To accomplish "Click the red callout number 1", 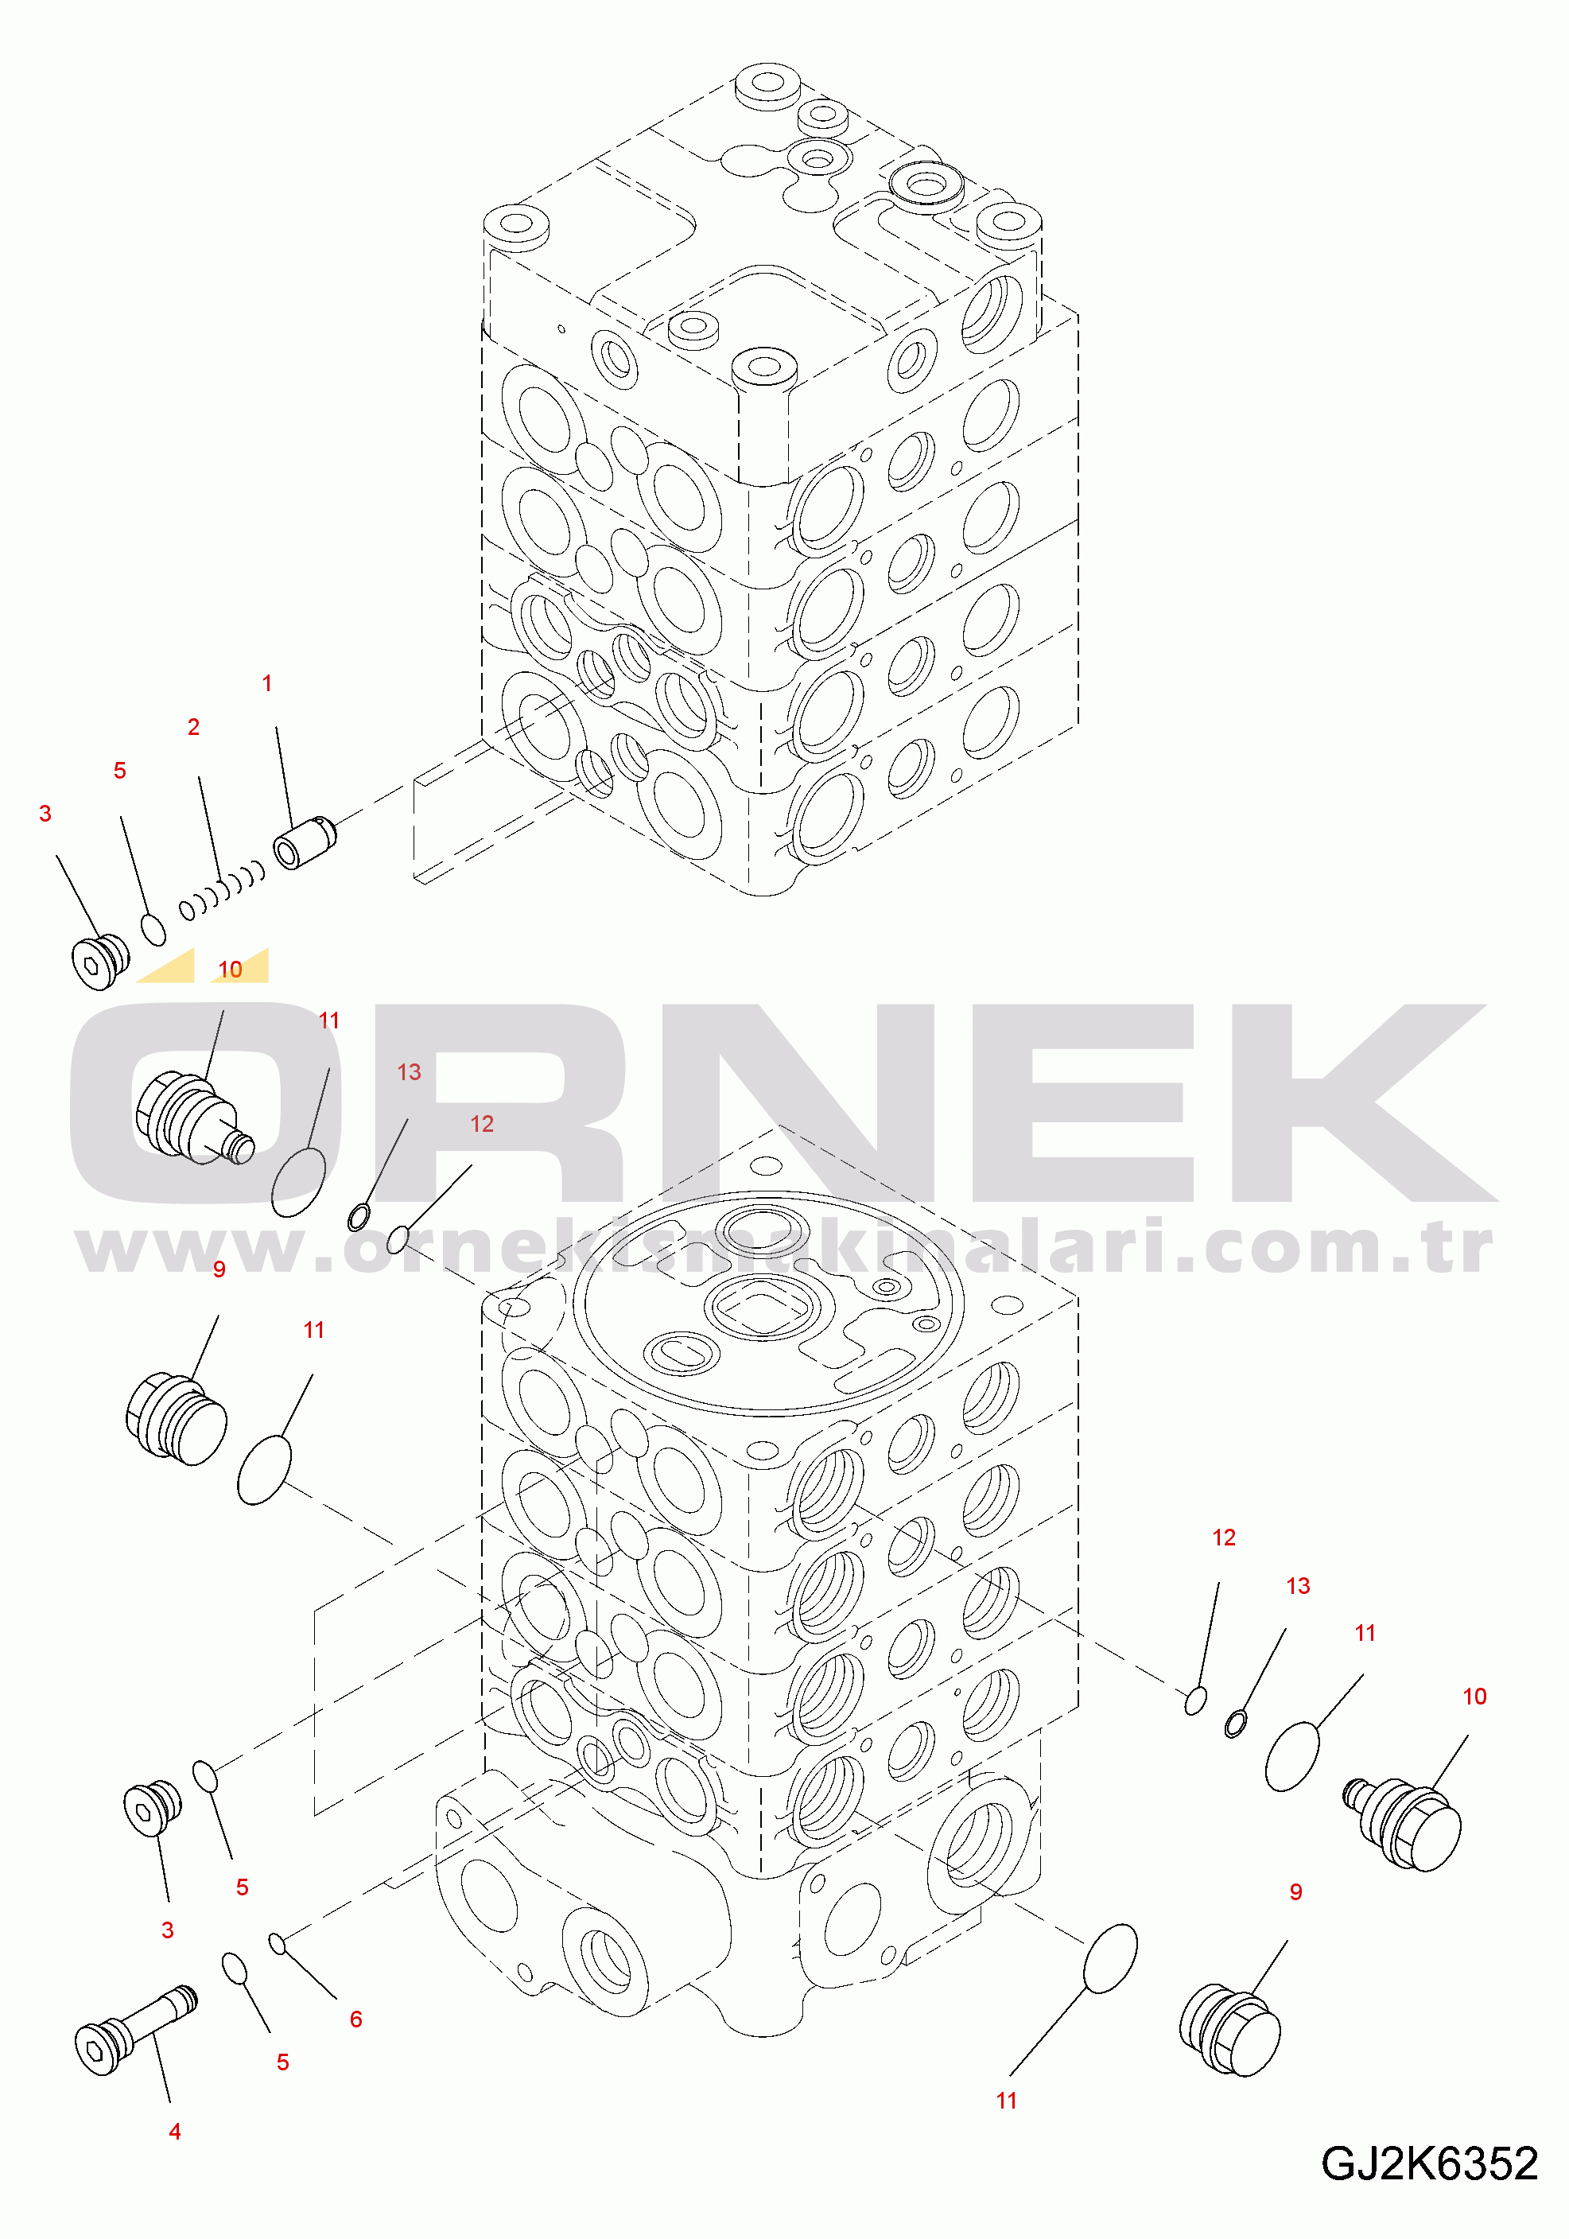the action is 267,683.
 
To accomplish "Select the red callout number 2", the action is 193,726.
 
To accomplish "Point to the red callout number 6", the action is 356,2019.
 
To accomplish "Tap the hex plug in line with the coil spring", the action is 100,962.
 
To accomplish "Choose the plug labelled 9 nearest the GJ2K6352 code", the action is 1229,2029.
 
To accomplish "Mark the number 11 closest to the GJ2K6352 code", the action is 1006,2101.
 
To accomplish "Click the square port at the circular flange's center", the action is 767,1308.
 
